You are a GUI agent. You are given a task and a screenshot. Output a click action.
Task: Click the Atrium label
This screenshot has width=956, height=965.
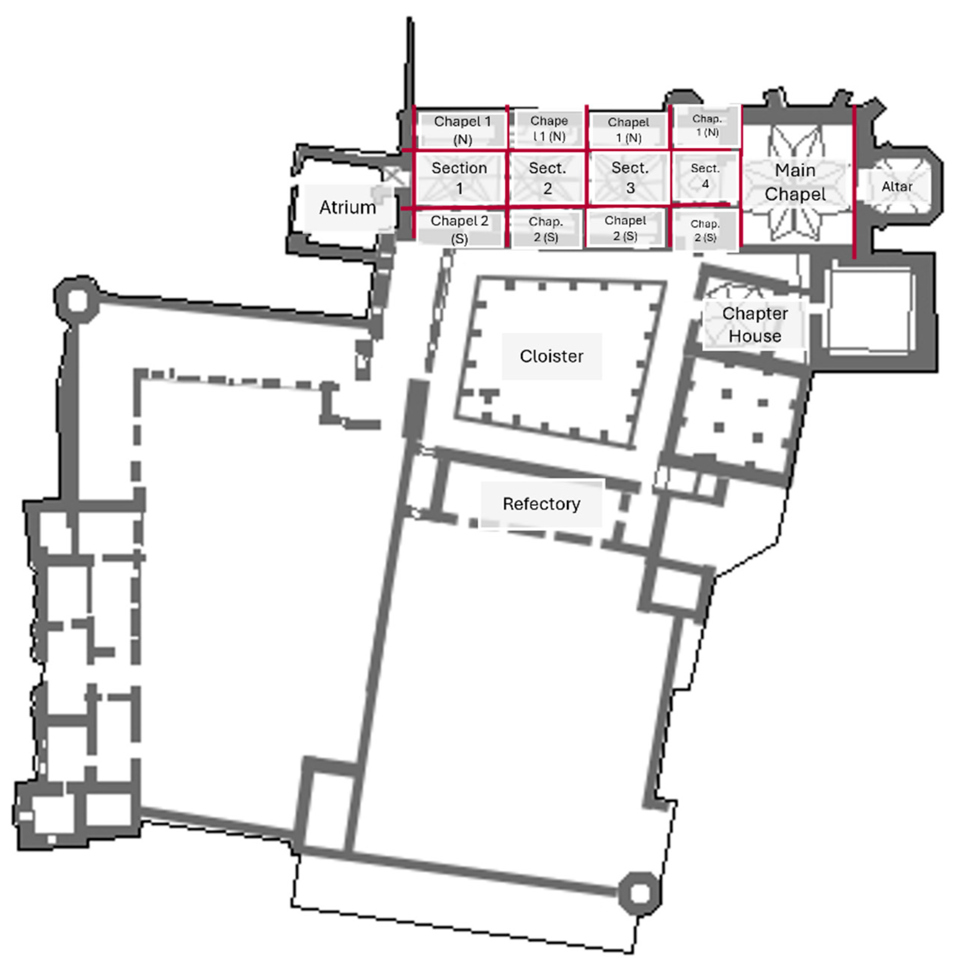coord(348,207)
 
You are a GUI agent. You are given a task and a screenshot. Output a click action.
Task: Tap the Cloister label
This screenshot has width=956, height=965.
coord(551,356)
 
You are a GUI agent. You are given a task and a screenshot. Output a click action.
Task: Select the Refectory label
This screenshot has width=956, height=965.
coord(541,504)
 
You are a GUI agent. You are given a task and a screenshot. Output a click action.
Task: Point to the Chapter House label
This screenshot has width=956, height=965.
coord(755,325)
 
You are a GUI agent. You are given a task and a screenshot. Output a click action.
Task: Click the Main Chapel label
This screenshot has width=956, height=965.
coord(795,182)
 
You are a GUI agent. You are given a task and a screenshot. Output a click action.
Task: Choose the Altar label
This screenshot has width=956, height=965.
coord(897,187)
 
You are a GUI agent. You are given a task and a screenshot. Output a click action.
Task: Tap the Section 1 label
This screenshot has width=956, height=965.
coord(459,178)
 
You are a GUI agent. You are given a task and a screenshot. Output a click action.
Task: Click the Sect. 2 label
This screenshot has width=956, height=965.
coord(547,178)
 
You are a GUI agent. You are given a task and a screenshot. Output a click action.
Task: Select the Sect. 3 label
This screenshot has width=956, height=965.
coord(630,178)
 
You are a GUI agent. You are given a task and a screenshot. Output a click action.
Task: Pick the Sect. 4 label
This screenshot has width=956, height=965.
coord(705,176)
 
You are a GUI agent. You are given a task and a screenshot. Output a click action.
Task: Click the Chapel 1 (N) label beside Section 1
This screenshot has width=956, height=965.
coord(462,130)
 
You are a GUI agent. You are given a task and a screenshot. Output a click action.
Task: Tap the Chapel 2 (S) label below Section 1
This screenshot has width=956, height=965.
coord(459,230)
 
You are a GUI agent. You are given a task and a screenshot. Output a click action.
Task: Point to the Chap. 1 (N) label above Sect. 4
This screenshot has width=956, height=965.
coord(707,125)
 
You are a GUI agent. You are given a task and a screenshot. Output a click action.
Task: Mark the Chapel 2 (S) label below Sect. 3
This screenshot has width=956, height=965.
coord(625,228)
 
